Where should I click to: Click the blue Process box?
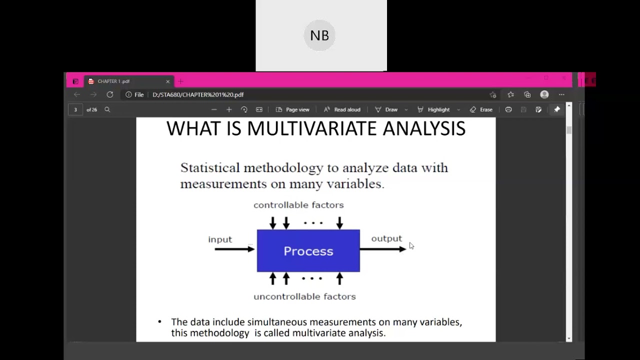[x=308, y=251]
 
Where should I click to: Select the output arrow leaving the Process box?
[x=382, y=249]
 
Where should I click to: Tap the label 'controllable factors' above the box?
[x=298, y=205]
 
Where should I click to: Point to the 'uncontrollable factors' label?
[x=304, y=296]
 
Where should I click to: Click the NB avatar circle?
[x=319, y=35]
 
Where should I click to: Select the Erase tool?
[x=481, y=109]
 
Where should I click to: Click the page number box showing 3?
[x=75, y=109]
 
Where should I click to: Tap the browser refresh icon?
[x=110, y=94]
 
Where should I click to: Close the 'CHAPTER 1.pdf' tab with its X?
[x=168, y=81]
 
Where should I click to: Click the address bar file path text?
[x=198, y=94]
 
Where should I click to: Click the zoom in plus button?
[x=229, y=109]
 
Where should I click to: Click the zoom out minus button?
[x=214, y=109]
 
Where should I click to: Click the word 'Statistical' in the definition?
[x=209, y=167]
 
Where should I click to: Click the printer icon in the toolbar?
[x=508, y=109]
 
